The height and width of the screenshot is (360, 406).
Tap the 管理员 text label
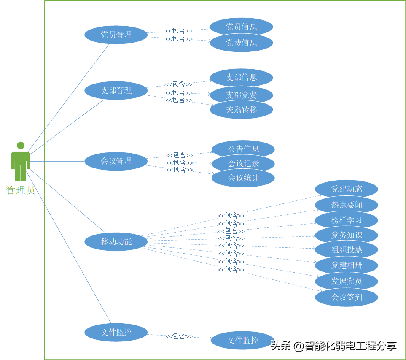[20, 190]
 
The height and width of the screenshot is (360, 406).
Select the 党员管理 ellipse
[116, 35]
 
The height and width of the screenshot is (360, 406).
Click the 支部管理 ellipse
[116, 90]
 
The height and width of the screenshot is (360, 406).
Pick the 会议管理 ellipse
[116, 161]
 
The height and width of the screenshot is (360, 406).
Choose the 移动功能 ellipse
[116, 242]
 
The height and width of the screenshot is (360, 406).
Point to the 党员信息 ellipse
[241, 27]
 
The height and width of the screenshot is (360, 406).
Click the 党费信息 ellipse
[241, 43]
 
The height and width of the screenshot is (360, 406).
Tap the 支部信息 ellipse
[241, 77]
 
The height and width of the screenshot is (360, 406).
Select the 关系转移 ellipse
[241, 109]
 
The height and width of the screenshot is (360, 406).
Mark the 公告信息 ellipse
[243, 149]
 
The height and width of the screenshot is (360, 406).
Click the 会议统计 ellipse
[243, 178]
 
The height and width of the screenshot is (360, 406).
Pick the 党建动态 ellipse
[347, 189]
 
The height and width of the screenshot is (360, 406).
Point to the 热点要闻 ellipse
[347, 205]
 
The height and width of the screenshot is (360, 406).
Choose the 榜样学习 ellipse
[347, 220]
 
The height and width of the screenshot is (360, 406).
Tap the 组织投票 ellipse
[347, 249]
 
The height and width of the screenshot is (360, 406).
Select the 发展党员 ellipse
[347, 281]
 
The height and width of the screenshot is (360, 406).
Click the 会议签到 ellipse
[347, 297]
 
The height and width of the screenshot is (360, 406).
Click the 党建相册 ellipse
[347, 265]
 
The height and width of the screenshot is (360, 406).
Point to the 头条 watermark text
[281, 346]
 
